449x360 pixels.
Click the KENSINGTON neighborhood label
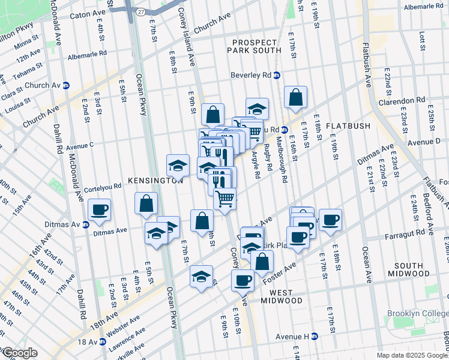coord(155,180)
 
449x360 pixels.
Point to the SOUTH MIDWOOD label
coord(417,269)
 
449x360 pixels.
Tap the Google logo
coord(19,353)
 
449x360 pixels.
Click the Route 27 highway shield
coord(140,11)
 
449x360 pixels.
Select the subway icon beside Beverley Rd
coord(277,76)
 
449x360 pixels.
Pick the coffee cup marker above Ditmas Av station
coord(100,209)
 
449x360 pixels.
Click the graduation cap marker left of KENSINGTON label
coord(178,164)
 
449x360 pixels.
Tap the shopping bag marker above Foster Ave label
coord(262,261)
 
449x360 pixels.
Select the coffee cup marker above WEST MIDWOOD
coord(243,280)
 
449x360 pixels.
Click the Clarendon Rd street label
coord(408,100)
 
